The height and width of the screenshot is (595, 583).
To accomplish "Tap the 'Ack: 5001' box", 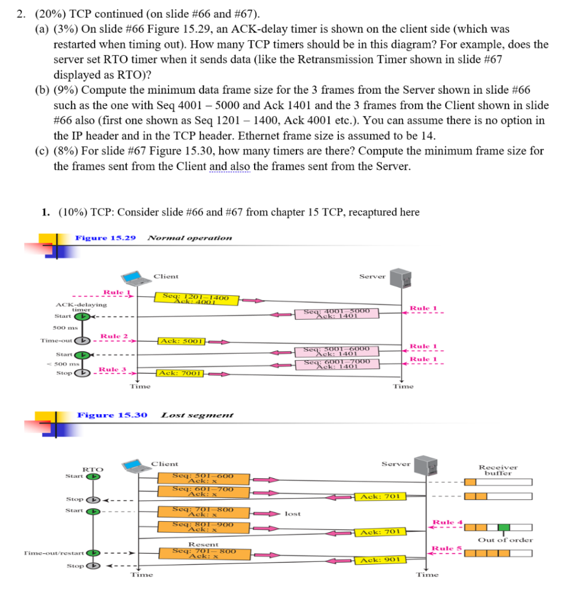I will pos(180,341).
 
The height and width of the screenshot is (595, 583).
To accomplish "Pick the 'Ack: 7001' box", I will pos(180,372).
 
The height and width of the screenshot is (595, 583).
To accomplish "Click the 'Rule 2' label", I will pos(110,336).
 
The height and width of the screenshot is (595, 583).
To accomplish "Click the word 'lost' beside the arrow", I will pos(293,513).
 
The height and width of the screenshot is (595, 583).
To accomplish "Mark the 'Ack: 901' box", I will pos(380,560).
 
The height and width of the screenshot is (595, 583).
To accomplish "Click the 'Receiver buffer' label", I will pos(498,469).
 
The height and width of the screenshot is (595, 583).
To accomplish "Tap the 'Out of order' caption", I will pos(505,540).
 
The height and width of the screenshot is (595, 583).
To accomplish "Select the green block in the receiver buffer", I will pos(504,528).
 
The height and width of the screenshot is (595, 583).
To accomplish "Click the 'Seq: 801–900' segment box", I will pos(203,527).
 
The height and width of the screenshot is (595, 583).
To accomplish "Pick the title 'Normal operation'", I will pos(189,238).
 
